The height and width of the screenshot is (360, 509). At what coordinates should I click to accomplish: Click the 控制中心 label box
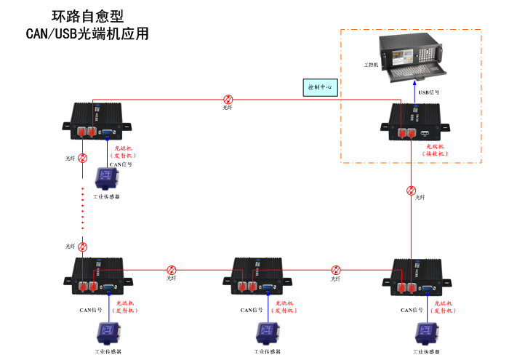319,87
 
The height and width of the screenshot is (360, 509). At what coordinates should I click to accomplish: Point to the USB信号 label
428,93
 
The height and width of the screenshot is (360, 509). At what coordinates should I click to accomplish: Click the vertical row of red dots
83,209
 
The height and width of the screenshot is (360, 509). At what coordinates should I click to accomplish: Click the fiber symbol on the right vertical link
412,191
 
